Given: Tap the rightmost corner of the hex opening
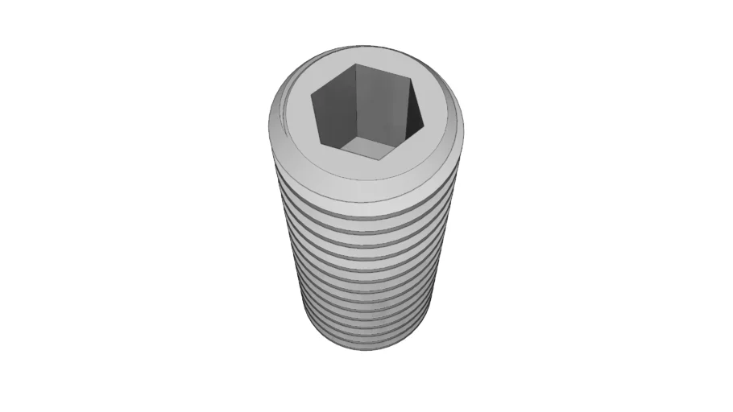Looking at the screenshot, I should [x=424, y=127].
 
